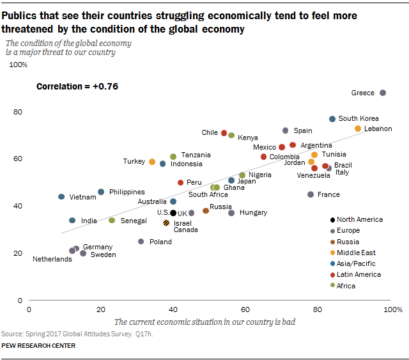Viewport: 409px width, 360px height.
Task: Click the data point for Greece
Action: pos(383,93)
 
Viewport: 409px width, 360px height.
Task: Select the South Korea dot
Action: pos(332,119)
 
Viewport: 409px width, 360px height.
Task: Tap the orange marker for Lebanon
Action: pos(358,129)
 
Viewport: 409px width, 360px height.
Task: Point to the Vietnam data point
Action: pos(61,197)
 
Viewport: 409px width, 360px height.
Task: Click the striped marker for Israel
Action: pos(166,223)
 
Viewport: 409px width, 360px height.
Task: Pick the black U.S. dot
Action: pos(173,213)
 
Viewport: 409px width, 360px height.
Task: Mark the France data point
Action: pos(311,194)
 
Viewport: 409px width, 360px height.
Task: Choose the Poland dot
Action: pos(141,242)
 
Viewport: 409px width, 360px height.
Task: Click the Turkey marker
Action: pos(152,162)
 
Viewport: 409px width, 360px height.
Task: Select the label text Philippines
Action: pos(127,192)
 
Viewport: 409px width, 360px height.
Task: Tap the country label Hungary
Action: pos(253,212)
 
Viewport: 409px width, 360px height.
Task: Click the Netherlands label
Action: pos(52,259)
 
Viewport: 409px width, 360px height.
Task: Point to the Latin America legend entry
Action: pos(358,274)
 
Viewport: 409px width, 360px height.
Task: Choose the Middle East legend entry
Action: pos(355,253)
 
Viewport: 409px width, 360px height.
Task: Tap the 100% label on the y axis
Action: pos(18,65)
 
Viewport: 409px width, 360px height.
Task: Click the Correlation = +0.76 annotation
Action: pos(77,86)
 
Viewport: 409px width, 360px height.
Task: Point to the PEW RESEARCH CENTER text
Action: pos(38,346)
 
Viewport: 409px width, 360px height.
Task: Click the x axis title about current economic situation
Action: pos(204,322)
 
